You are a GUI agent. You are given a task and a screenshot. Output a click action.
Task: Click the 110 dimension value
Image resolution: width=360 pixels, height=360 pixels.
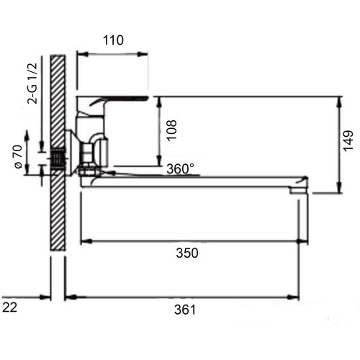coord(113,40)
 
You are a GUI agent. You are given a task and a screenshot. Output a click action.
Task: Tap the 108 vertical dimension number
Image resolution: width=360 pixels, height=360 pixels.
coord(171,130)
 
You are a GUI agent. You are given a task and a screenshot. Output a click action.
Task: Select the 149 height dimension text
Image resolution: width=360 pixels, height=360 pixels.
coord(348,140)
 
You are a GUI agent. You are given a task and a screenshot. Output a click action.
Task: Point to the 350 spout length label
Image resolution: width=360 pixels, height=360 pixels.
coord(187,253)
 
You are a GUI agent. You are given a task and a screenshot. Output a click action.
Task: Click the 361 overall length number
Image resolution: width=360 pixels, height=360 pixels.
coord(185,310)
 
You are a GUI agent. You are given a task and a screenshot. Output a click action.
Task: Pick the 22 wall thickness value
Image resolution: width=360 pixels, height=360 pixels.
coord(10,307)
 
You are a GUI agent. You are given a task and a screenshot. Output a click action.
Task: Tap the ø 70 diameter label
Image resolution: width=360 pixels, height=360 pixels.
coord(19,157)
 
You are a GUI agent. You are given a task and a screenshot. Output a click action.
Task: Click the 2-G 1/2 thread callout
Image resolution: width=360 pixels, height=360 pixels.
coord(32,84)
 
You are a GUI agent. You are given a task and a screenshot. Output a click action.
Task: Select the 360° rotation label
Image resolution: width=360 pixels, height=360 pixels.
coord(180,169)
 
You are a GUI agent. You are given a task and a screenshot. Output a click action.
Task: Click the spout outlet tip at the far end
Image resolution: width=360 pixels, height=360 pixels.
coord(298,191)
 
